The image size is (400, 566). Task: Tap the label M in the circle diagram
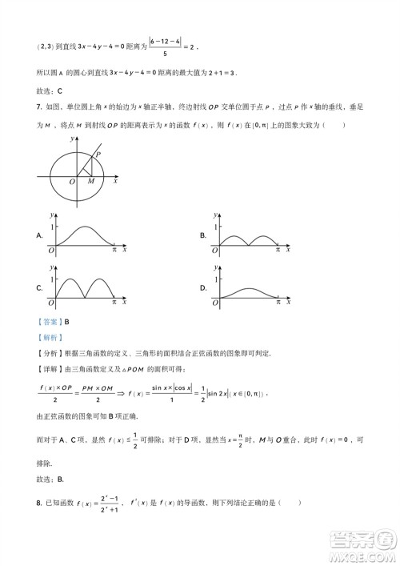[90, 182]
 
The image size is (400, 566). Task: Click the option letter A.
[39, 236]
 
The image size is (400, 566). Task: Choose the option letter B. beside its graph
[203, 235]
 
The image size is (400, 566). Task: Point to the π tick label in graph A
[114, 251]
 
